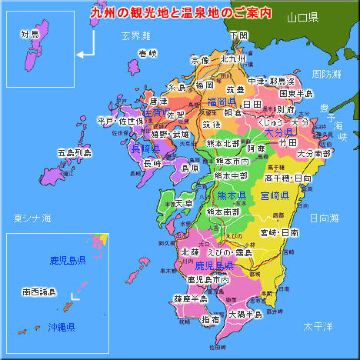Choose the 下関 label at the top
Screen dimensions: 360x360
tap(237, 35)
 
